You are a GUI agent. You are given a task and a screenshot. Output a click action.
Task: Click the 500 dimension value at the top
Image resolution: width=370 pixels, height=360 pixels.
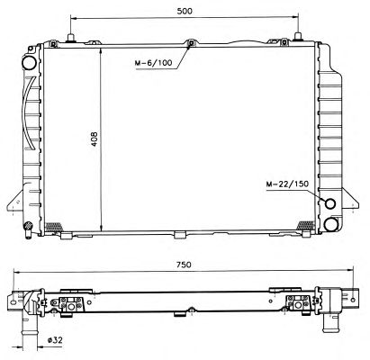coord(185,11)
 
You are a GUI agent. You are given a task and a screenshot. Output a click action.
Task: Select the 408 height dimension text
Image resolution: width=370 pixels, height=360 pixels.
coord(95,139)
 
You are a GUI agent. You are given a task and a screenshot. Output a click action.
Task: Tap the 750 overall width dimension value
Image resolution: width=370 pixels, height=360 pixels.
coord(184,265)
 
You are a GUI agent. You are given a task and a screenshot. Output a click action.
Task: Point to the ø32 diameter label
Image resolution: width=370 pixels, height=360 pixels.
coord(55,340)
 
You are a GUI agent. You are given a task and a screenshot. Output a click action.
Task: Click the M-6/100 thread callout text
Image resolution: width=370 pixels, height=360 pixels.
coord(153,63)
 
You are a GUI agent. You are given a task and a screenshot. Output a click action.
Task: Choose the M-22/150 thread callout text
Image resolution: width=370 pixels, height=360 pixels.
coord(287,184)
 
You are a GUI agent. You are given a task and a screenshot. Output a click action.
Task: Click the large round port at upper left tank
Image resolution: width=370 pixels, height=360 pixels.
coord(30,63)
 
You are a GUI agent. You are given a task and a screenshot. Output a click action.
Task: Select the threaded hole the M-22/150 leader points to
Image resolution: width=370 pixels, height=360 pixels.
coord(330,203)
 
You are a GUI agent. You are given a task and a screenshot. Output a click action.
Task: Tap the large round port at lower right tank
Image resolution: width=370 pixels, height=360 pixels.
coord(331,224)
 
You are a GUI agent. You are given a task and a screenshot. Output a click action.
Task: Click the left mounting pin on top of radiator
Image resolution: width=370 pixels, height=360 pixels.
coord(71,38)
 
